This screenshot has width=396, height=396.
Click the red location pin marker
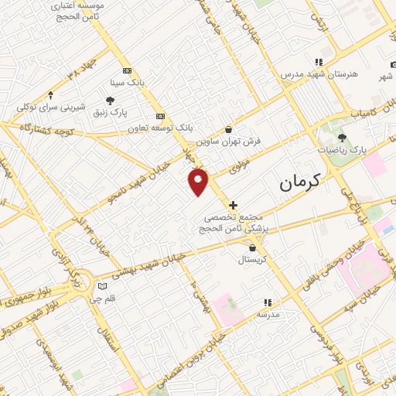[199, 182]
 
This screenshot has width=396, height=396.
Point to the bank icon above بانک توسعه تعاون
[161, 115]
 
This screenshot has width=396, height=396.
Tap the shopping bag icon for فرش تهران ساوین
[229, 131]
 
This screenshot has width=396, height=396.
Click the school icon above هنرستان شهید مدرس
[317, 62]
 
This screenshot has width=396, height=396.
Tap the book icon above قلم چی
[100, 285]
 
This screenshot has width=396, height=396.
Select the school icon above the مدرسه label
[268, 302]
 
